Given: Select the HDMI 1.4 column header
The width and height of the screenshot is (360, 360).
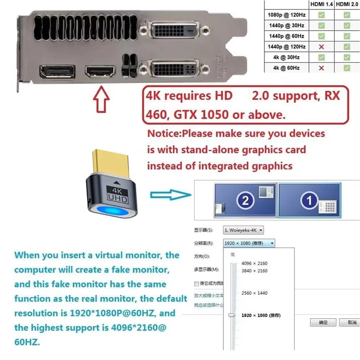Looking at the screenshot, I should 321,4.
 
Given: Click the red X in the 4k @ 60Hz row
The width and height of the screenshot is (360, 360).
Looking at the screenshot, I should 321,68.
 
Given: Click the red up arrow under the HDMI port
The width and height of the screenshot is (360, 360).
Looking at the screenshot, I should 101,100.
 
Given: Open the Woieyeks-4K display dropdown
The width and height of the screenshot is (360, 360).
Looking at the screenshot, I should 243,230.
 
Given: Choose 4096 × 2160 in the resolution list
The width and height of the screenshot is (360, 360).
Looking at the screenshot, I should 254,263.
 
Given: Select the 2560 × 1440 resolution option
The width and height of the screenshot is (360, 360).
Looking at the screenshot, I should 254,293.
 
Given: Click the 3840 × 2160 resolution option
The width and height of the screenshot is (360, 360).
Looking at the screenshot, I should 254,271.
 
